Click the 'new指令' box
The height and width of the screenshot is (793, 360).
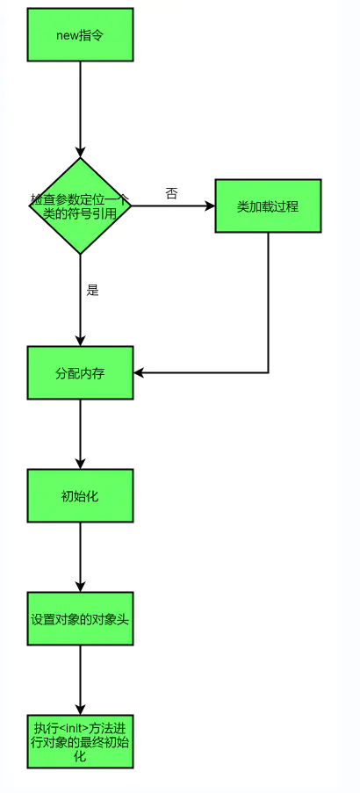coord(81,34)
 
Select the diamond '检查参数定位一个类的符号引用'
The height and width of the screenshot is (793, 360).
coord(81,205)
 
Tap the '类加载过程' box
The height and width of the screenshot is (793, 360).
coord(268,205)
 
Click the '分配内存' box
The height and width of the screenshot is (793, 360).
coord(81,372)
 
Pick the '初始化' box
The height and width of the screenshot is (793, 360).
coord(81,495)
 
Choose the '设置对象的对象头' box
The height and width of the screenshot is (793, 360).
coord(81,618)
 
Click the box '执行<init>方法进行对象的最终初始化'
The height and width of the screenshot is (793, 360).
coord(81,741)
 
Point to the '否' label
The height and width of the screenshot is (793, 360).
coord(171,194)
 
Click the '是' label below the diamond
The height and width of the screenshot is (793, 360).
coord(92,291)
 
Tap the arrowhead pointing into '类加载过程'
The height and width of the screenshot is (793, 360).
coord(211,205)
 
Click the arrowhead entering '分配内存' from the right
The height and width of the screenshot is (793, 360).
coord(139,372)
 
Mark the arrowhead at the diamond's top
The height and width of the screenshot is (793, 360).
coord(81,152)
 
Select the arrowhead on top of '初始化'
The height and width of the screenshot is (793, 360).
coord(81,464)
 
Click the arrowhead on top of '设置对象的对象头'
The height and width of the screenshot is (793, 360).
coord(81,587)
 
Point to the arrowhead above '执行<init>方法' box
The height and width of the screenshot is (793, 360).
coord(81,710)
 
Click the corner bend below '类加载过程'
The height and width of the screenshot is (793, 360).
coord(268,372)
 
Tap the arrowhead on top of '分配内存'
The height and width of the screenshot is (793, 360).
coord(81,341)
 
